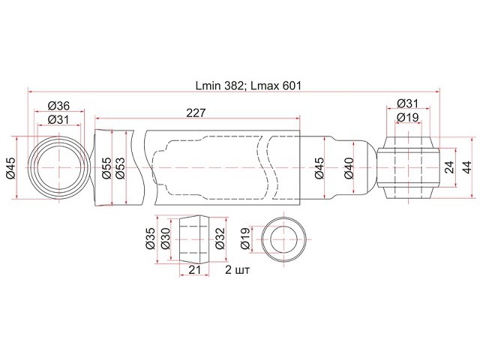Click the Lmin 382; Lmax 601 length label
point(248,85)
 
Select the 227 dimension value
point(196,113)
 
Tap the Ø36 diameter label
point(58,106)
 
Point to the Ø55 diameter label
point(106,168)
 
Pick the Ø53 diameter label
point(120,168)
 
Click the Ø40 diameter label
point(349,168)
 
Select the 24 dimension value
point(449,167)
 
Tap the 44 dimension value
point(466,167)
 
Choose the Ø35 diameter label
point(151,238)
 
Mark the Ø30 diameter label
point(165,238)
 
